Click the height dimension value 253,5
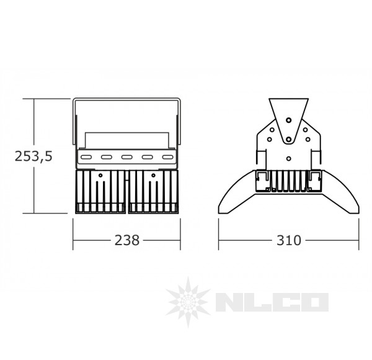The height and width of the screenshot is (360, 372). point(33,156)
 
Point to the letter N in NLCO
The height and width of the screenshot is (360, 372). point(227,304)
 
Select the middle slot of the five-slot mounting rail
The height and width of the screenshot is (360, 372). point(126,157)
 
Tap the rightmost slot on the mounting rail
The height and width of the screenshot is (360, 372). point(167,157)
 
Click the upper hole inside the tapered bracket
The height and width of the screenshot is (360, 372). point(288,119)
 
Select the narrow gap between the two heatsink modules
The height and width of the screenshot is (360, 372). point(126,192)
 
